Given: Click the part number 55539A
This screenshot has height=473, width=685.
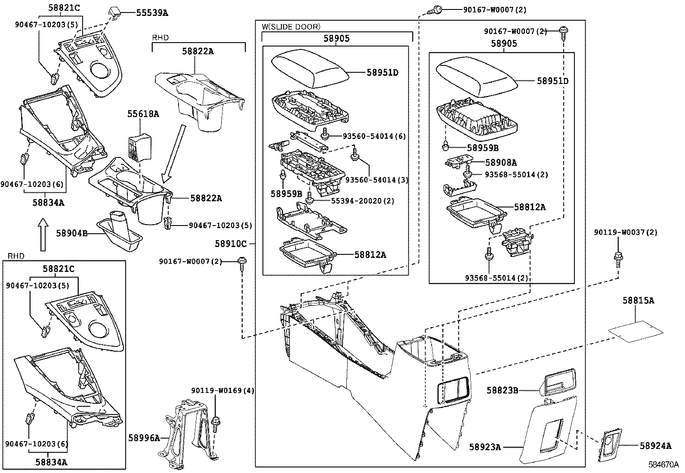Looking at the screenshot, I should (152, 12).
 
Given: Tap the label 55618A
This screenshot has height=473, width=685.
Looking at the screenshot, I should (143, 114).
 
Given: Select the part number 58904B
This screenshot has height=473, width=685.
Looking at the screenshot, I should (71, 233).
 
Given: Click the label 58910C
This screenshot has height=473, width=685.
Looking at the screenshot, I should (231, 244).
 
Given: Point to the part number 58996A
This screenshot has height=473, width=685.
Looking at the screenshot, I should (144, 438).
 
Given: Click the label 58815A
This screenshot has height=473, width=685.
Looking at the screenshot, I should (638, 300).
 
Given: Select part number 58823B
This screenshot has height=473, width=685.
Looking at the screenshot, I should (502, 390).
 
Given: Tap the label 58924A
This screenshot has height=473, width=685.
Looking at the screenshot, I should (655, 446).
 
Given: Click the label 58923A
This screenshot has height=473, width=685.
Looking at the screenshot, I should (485, 447).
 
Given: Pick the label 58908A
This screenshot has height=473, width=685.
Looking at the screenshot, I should (501, 162).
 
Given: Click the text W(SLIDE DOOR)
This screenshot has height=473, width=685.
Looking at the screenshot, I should (291, 27).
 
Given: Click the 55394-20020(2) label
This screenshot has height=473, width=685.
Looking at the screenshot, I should (362, 201).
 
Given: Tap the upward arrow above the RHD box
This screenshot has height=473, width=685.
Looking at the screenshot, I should (42, 234).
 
